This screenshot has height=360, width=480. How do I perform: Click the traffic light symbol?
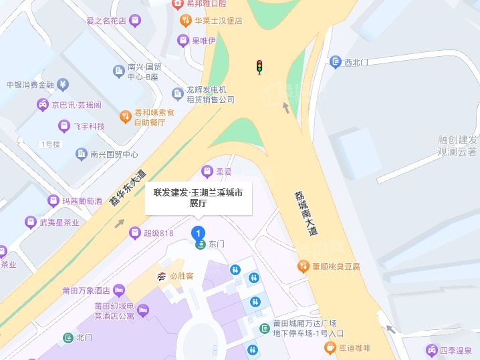click(259, 66)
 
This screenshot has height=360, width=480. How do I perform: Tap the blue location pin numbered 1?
click(198, 233)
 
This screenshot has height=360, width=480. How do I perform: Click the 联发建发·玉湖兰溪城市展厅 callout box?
click(199, 198)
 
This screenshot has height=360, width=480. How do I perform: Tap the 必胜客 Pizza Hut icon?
click(161, 276)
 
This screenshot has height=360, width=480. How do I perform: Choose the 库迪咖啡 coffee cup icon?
click(330, 347)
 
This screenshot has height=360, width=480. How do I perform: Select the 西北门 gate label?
click(356, 63)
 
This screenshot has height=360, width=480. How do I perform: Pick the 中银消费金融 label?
click(29, 85)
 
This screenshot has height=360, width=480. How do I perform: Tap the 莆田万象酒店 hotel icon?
click(119, 290)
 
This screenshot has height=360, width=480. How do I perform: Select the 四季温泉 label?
click(456, 350)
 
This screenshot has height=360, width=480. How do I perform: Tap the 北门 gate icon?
click(68, 337)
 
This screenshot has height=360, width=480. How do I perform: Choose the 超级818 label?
click(158, 233)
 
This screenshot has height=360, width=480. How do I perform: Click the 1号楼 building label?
click(50, 144)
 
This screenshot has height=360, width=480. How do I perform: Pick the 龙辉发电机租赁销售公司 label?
click(211, 94)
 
